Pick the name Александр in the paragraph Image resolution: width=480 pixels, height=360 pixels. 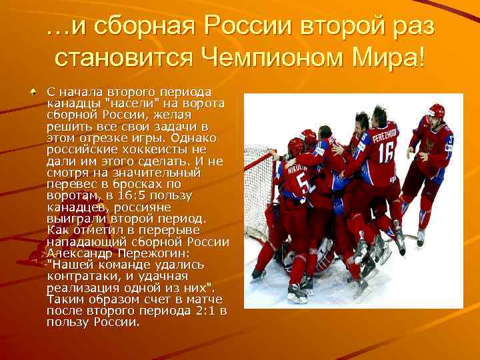tap(80, 253)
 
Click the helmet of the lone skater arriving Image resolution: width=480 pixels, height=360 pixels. tap(437, 111)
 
